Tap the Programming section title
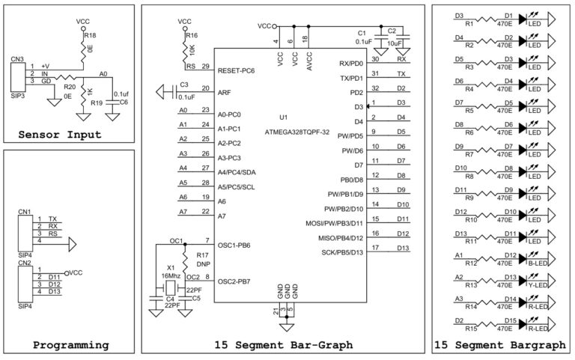(x=70, y=345)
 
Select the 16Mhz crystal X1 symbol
(x=171, y=288)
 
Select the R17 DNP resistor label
(x=203, y=260)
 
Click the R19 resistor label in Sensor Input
(x=96, y=103)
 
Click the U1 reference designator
(x=283, y=118)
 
